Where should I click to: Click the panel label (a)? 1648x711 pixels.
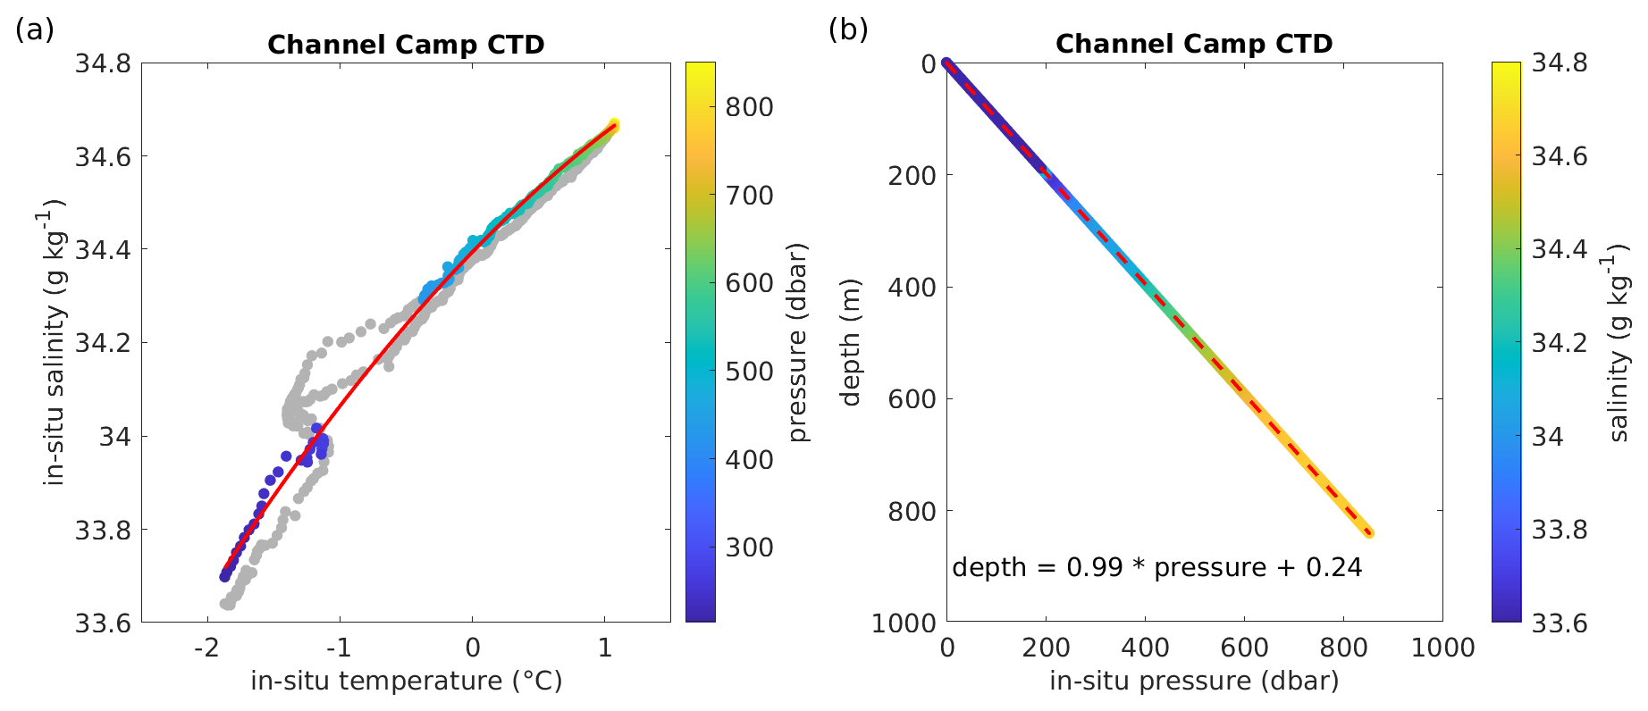[35, 29]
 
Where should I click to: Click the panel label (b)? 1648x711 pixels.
[848, 29]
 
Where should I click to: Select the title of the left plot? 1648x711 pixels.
[406, 45]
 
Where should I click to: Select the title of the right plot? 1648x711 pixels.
[1194, 44]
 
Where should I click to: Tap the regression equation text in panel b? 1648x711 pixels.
[1156, 568]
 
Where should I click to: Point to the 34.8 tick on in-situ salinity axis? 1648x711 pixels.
[103, 64]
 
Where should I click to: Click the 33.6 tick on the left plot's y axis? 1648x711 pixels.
[103, 623]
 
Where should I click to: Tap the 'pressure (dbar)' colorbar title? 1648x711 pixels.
[798, 342]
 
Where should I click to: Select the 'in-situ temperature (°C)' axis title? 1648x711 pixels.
[407, 682]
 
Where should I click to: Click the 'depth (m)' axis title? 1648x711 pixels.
[851, 342]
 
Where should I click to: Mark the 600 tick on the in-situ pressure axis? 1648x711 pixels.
[1244, 648]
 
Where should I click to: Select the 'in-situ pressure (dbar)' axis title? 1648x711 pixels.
[1194, 682]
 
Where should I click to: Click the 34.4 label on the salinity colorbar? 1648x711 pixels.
[1560, 249]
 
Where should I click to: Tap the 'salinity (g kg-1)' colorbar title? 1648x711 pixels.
[1619, 342]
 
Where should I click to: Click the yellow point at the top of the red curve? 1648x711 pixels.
[614, 125]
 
